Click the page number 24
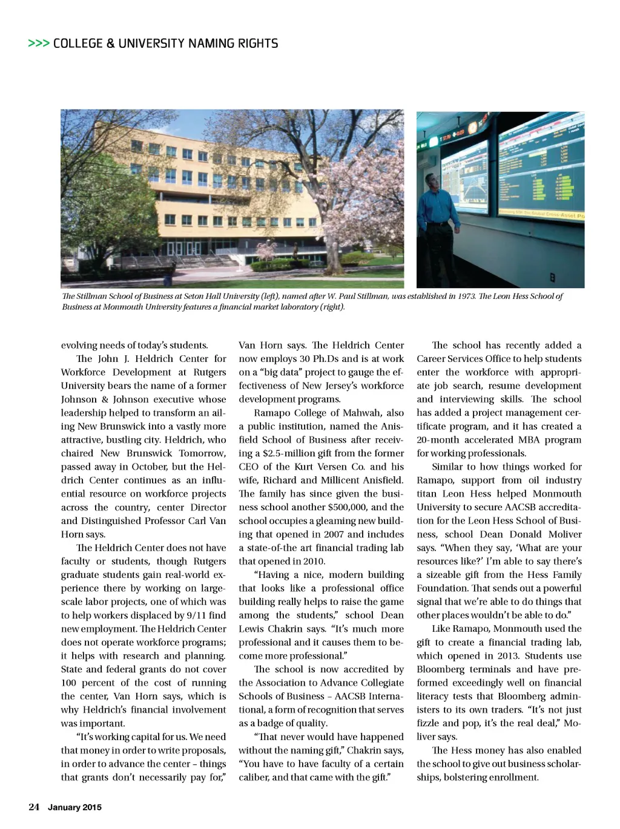click(34, 807)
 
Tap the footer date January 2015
click(74, 807)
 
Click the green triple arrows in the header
click(38, 44)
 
